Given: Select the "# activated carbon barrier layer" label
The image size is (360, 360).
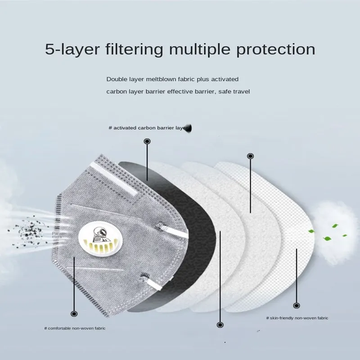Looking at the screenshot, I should (x=148, y=128).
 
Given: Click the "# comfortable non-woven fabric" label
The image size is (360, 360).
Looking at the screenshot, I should (x=75, y=328).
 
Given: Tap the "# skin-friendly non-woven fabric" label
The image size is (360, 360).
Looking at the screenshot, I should (x=297, y=318).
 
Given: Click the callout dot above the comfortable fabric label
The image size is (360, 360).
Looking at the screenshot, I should (x=74, y=314).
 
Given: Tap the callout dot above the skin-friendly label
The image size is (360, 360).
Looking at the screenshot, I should (x=297, y=304).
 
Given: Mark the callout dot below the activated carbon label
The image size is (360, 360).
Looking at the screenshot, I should (x=147, y=142).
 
